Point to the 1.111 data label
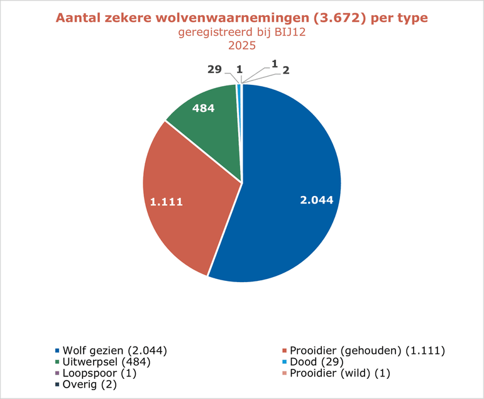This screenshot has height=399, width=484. [167, 202]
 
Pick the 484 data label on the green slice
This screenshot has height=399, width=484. [203, 108]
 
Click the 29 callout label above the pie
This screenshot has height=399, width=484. [214, 69]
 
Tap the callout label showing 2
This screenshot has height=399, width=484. [285, 71]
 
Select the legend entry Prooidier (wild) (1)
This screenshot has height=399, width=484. [340, 373]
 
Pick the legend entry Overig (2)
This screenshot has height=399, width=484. [90, 385]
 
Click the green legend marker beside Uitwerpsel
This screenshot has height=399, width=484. [58, 362]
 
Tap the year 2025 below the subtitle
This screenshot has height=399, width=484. [242, 46]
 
